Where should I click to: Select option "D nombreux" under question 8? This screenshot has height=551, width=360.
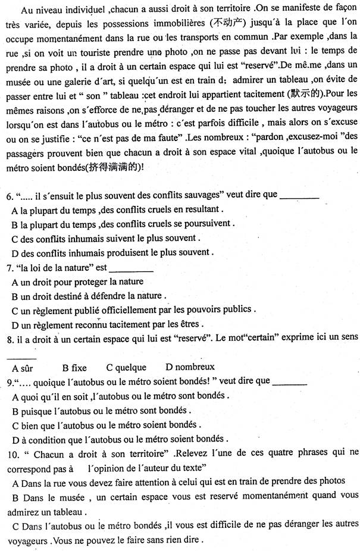(190, 367)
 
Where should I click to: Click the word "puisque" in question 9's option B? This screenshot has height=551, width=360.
(35, 411)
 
